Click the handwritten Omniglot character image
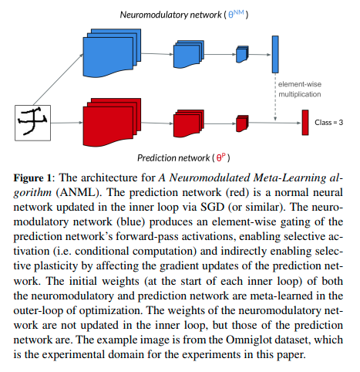point(32,123)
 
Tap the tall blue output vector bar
point(275,54)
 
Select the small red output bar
point(305,123)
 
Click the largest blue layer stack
point(112,53)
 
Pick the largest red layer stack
point(112,123)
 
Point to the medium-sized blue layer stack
point(189,54)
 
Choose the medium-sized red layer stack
point(189,123)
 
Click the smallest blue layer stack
point(242,54)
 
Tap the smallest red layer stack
point(242,123)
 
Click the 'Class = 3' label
point(328,123)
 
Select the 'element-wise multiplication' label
point(300,90)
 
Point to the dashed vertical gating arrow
point(275,97)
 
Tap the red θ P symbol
point(220,157)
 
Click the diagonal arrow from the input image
point(59,79)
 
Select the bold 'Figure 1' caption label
point(32,178)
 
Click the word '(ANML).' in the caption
point(78,192)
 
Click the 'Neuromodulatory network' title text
point(170,15)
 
